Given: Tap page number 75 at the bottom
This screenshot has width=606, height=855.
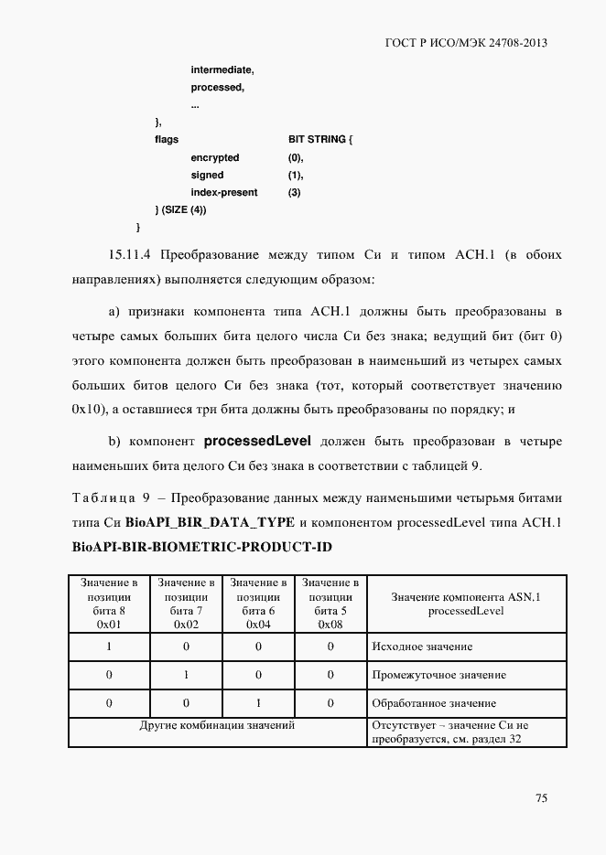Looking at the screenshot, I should tap(541, 798).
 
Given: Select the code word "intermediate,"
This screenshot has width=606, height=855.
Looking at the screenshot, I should tap(222, 69).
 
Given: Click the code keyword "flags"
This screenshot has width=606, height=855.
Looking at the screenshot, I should tap(167, 140).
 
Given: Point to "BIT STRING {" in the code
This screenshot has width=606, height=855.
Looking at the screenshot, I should tap(319, 140).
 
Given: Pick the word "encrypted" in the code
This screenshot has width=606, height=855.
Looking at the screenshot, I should tap(215, 157).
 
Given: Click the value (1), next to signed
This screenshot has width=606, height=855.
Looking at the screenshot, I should tap(296, 175).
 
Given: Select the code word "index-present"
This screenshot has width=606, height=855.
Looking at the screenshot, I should tap(224, 193).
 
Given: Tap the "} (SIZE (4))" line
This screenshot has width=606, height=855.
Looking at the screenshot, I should tap(181, 210).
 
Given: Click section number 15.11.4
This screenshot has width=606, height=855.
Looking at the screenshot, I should tap(135, 253).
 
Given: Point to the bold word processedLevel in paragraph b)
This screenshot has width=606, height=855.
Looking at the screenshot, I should tap(257, 442).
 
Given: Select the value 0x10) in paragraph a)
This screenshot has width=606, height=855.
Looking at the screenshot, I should tap(89, 410).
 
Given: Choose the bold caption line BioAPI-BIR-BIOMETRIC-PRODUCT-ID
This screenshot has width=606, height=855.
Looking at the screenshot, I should tap(200, 546).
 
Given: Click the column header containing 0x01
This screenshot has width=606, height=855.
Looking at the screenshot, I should tap(109, 604).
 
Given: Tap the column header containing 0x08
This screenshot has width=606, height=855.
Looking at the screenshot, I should tap(330, 604).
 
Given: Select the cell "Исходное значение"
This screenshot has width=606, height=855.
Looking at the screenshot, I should tap(421, 647).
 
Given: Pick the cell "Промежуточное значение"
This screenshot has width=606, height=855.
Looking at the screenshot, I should tap(438, 675).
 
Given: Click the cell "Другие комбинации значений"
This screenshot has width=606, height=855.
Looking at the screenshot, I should tap(217, 725).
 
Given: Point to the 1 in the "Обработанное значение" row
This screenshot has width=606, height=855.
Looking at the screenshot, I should tap(257, 703).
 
